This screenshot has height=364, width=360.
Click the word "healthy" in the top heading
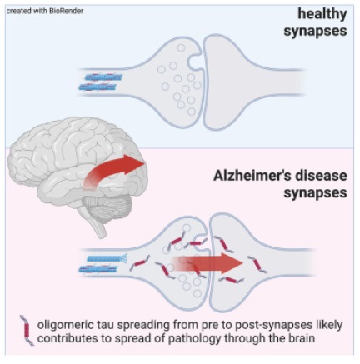pos(322,14)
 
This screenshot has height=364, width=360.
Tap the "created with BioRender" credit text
pos(45,11)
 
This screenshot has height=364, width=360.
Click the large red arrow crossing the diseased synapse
pos(207,264)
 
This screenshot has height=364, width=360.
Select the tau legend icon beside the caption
pos(27,331)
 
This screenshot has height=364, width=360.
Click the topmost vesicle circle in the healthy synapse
pos(181,48)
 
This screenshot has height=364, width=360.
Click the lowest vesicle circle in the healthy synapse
pos(192,112)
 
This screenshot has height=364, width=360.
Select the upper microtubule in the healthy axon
pos(103,77)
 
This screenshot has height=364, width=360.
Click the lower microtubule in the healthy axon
pos(97,87)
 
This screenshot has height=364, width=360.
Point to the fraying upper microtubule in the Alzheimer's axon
pos(107,258)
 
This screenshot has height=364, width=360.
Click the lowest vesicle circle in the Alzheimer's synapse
pos(197,293)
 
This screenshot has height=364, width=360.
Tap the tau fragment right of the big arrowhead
pos(257,264)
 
